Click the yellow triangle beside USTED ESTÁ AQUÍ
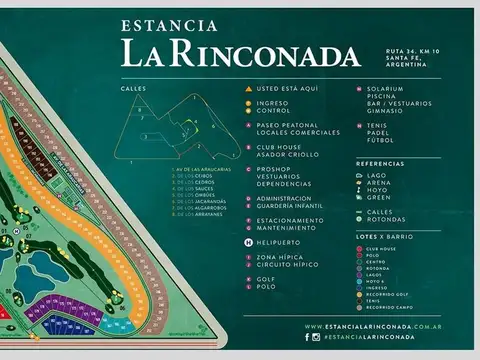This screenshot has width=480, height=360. (x=248, y=89)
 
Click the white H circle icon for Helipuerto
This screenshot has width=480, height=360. (x=248, y=242)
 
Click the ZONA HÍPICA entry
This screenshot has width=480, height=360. (x=280, y=257)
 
